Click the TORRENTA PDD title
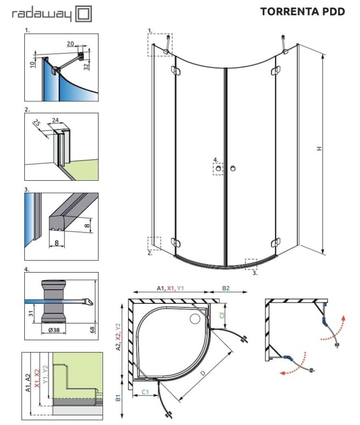(302, 11)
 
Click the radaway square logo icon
(84, 14)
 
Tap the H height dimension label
(319, 148)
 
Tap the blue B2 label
(226, 288)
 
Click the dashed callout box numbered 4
(218, 168)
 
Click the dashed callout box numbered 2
(155, 243)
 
